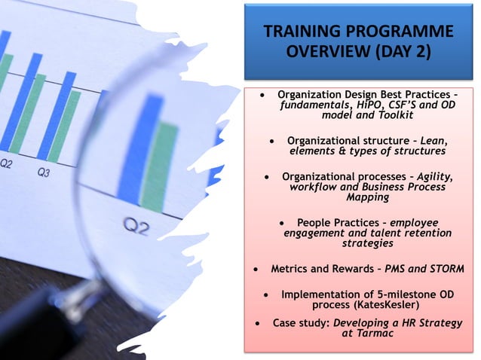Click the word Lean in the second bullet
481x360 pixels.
point(434,140)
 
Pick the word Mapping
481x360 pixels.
point(367,198)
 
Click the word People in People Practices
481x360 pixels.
point(315,223)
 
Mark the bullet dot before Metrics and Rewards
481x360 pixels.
point(258,269)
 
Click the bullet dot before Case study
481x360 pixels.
point(259,323)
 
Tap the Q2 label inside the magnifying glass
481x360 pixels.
point(136,227)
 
